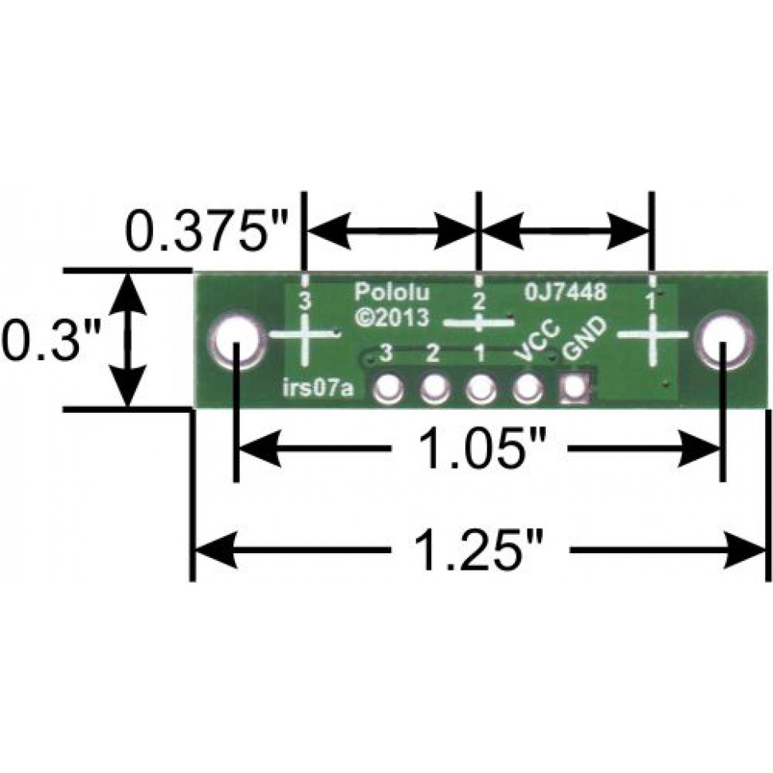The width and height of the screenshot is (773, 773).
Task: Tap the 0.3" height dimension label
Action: pyautogui.click(x=49, y=341)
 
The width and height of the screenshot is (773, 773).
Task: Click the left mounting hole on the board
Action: pyautogui.click(x=237, y=342)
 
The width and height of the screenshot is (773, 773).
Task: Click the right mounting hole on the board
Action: pyautogui.click(x=722, y=340)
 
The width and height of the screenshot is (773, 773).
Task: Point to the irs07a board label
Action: pyautogui.click(x=319, y=390)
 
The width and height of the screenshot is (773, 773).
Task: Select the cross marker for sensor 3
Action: pyautogui.click(x=302, y=335)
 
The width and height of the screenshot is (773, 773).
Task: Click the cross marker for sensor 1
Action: pyautogui.click(x=652, y=335)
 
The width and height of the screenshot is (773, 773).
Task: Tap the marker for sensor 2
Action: pyautogui.click(x=477, y=323)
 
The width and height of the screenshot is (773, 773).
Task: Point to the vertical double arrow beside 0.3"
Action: pyautogui.click(x=129, y=340)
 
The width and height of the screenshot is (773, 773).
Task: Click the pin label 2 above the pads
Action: pyautogui.click(x=433, y=351)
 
